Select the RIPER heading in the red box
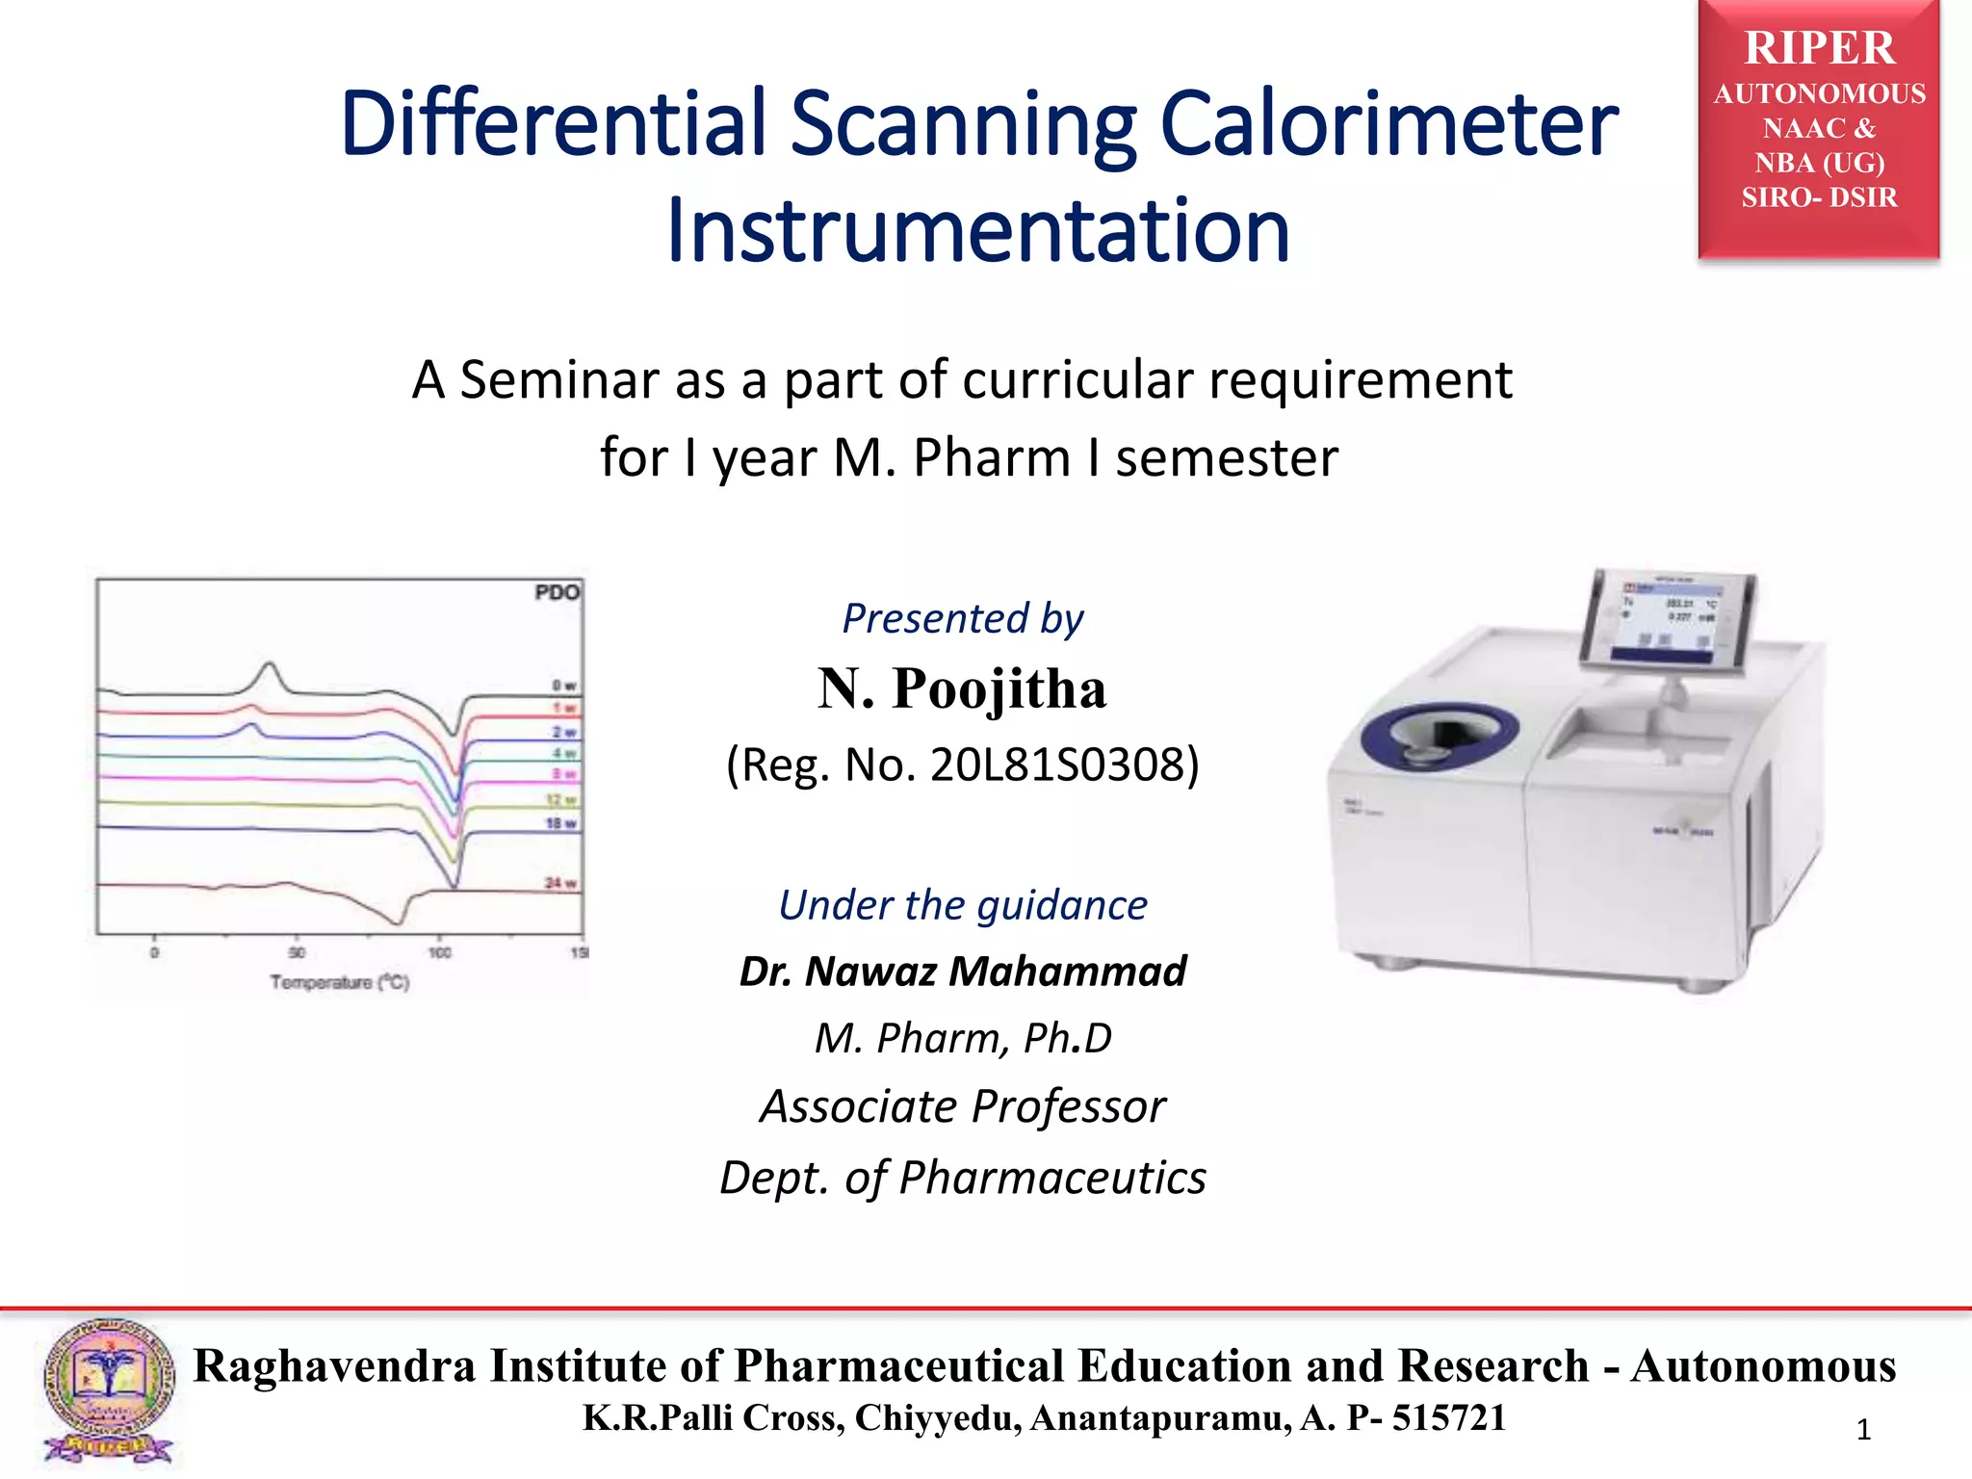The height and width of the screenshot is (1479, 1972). coord(1819,48)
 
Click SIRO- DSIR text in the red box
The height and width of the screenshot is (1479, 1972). coord(1819,197)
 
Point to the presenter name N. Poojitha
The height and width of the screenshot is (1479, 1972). coord(962,688)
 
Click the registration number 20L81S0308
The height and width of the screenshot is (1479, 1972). coord(1059,765)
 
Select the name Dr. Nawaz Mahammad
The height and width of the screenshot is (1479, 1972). coord(962,971)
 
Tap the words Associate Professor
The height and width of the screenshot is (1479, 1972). coord(962,1105)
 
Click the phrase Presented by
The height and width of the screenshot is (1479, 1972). coord(962,618)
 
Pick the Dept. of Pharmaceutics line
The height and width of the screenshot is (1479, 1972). coord(962,1177)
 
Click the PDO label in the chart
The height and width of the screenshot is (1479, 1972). coord(557,592)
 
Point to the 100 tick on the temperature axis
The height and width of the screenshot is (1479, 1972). coord(439,952)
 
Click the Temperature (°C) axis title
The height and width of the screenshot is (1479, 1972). coord(339,982)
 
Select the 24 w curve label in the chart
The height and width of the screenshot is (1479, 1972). coord(560,883)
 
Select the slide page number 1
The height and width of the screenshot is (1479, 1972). coord(1863,1430)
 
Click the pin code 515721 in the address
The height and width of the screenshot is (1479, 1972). coord(1449,1417)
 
